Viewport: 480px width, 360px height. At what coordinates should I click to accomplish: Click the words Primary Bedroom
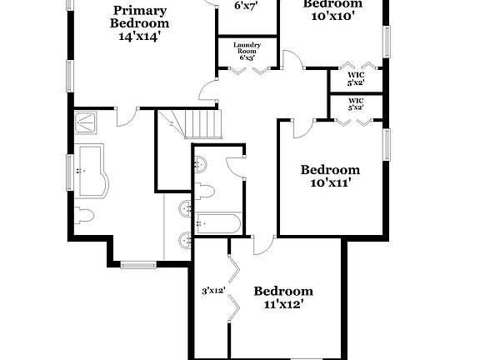coord(140,17)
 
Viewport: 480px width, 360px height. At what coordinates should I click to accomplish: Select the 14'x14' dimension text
coord(140,37)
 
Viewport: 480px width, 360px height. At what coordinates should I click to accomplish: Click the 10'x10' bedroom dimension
coord(332,15)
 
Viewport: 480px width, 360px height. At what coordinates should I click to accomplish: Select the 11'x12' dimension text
coord(283,305)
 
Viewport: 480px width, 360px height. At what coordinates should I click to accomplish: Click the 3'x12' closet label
coord(213,292)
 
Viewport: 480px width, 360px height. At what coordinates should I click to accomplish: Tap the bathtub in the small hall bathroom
coord(218,222)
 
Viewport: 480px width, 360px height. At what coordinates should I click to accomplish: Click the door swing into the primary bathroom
coord(127,117)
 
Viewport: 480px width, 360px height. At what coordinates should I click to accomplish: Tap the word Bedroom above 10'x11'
coord(330,169)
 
